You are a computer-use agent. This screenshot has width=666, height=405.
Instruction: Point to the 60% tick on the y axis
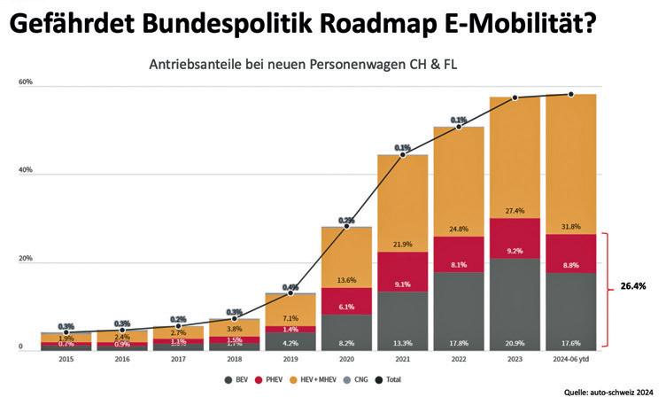[x=25, y=82]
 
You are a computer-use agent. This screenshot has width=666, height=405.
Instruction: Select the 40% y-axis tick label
[x=25, y=170]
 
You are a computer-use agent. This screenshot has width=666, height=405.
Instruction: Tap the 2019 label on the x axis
[x=290, y=361]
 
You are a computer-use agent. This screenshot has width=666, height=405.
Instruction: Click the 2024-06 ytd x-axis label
[x=570, y=361]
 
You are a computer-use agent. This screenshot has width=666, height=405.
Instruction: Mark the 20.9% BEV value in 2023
[x=515, y=342]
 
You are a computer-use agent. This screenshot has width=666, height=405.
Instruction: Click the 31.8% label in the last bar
[x=570, y=226]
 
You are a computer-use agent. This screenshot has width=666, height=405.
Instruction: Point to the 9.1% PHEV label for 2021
[x=402, y=284]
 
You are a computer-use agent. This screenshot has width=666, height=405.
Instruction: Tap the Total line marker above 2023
[x=515, y=97]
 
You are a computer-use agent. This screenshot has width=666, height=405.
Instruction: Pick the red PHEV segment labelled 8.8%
[x=570, y=253]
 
